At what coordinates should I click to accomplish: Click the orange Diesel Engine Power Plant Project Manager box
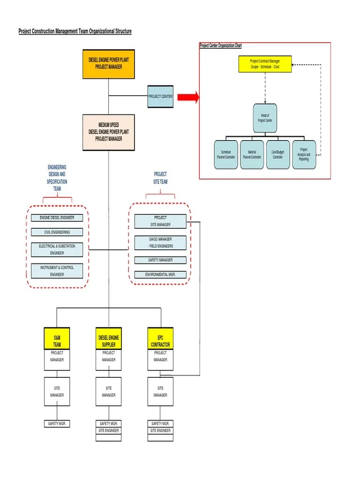pyautogui.click(x=109, y=64)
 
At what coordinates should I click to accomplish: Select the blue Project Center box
pyautogui.click(x=160, y=96)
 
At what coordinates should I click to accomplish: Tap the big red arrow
pyautogui.click(x=188, y=97)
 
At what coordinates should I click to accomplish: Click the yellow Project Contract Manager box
pyautogui.click(x=265, y=64)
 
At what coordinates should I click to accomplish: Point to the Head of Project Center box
pyautogui.click(x=265, y=118)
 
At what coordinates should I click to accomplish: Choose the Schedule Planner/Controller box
pyautogui.click(x=226, y=155)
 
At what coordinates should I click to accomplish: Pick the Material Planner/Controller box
pyautogui.click(x=252, y=155)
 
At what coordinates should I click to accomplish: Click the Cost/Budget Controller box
pyautogui.click(x=277, y=155)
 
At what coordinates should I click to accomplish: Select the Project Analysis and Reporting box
pyautogui.click(x=304, y=155)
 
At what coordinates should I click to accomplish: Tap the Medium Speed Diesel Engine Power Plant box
pyautogui.click(x=109, y=132)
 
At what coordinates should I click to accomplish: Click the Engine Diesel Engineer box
pyautogui.click(x=57, y=217)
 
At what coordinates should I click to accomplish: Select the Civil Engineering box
pyautogui.click(x=57, y=232)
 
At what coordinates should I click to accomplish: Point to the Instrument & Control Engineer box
pyautogui.click(x=57, y=271)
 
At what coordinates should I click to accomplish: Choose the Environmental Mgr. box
pyautogui.click(x=160, y=275)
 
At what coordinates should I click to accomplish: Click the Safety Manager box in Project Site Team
pyautogui.click(x=160, y=260)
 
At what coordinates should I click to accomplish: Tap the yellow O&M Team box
pyautogui.click(x=57, y=338)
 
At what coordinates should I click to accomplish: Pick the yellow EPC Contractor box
pyautogui.click(x=160, y=338)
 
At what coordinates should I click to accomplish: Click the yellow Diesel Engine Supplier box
pyautogui.click(x=109, y=338)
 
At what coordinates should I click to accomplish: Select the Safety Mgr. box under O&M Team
pyautogui.click(x=57, y=424)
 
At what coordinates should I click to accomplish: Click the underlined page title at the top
pyautogui.click(x=75, y=31)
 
